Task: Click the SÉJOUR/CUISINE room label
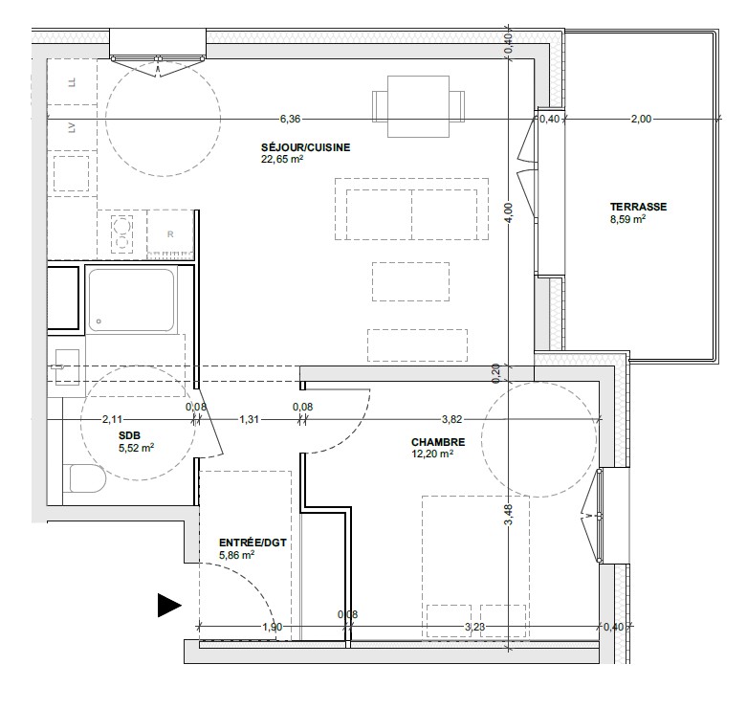pos(305,147)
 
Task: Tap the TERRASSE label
pos(638,207)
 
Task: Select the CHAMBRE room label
pos(438,442)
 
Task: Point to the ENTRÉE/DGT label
pos(253,543)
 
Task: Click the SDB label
pos(129,435)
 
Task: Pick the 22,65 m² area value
pos(282,160)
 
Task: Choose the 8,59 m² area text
pos(627,219)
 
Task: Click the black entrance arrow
pos(169,606)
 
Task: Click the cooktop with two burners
pos(122,233)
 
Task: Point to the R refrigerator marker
pos(170,234)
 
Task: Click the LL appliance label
pos(72,82)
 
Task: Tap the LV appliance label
pos(72,127)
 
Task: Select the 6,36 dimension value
pos(290,119)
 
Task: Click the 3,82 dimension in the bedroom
pos(451,419)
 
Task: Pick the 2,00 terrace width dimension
pos(641,119)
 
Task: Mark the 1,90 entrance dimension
pos(273,627)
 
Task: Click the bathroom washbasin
pos(67,366)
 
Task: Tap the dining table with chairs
pos(418,106)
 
